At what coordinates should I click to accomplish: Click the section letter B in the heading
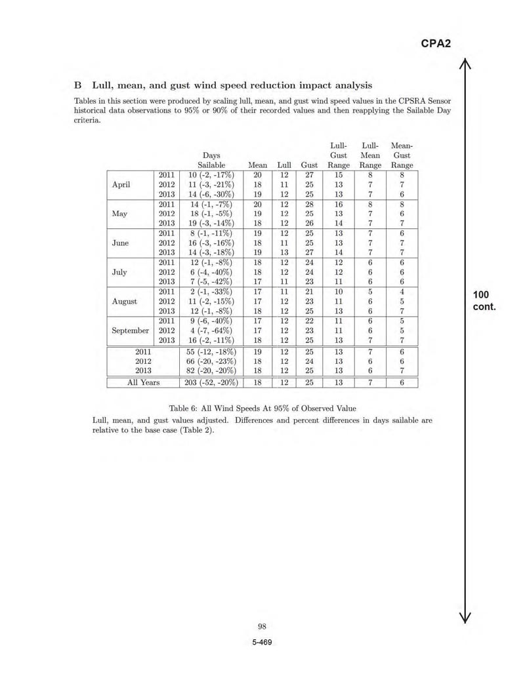(x=77, y=85)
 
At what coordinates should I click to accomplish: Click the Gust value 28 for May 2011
(x=309, y=204)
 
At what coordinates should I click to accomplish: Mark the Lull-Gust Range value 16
(x=339, y=204)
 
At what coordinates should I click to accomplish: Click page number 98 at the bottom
(x=262, y=626)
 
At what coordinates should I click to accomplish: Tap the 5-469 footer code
(x=262, y=642)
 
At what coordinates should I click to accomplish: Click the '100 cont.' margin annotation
(x=483, y=301)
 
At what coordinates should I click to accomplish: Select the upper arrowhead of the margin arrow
(x=465, y=64)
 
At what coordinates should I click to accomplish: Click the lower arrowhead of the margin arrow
(x=465, y=616)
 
